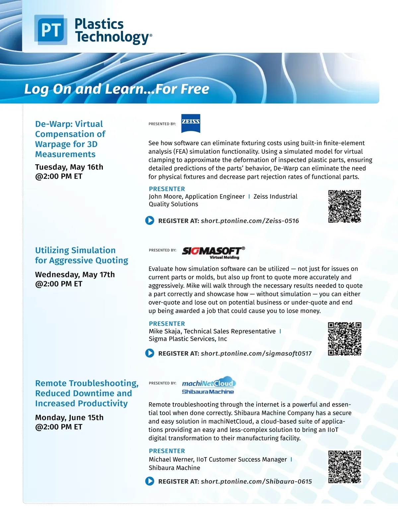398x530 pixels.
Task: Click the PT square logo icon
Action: coord(51,30)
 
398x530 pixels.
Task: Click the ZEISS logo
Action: coord(191,123)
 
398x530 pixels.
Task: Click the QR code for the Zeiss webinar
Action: coord(345,206)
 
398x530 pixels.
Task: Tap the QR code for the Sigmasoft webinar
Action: coord(345,339)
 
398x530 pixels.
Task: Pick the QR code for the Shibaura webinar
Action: coord(345,467)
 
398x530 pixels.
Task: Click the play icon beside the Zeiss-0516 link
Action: coord(150,220)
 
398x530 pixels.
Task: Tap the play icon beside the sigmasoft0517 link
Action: coord(150,353)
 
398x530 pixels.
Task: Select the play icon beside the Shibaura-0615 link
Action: coord(150,481)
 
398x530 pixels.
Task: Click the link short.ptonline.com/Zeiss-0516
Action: coord(250,221)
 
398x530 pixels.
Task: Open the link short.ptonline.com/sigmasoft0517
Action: coord(256,353)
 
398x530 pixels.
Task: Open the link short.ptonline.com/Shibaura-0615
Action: coord(256,481)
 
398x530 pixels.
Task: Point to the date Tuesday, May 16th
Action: coord(69,167)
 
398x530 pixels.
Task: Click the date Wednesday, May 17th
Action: coord(75,275)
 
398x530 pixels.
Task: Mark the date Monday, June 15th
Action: coord(69,417)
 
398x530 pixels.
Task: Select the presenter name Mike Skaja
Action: coord(165,331)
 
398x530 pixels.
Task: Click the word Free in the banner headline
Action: coord(195,89)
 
